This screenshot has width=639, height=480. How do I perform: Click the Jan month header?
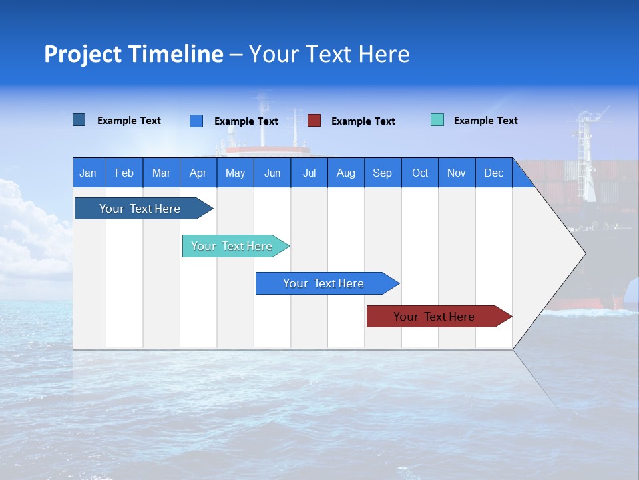point(88,173)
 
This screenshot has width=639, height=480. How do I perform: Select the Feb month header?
point(124,173)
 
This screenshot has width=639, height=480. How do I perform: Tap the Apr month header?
point(198,173)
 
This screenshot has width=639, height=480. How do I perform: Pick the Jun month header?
point(272,173)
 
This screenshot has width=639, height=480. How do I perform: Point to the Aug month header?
point(345,173)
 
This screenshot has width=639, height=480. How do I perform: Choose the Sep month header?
point(382,173)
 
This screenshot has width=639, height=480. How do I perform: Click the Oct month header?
point(420,173)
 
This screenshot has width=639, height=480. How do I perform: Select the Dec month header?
point(493,173)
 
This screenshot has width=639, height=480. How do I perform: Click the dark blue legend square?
point(79,120)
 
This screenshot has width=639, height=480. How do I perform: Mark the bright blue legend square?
point(196,121)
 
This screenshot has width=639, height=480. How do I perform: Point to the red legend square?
point(314,121)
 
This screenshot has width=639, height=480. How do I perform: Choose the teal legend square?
point(437,120)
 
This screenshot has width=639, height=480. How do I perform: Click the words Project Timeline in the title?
point(134,54)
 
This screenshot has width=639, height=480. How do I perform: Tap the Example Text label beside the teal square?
point(485,121)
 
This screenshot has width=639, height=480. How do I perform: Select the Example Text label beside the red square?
point(363,121)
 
